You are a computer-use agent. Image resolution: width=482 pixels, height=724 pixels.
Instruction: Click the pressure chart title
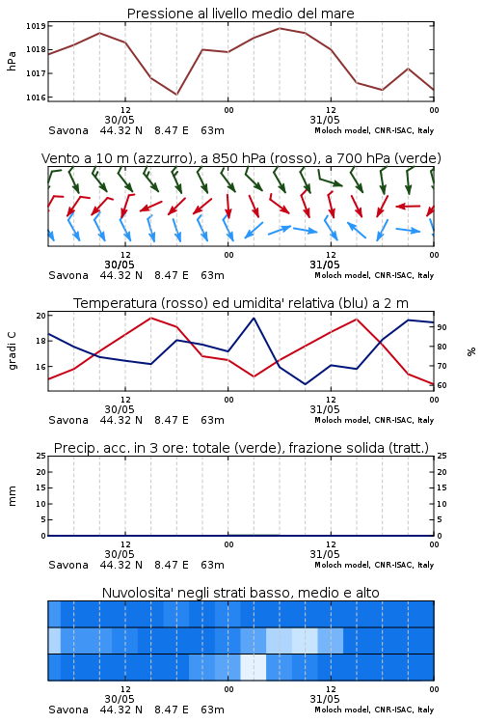coord(240,14)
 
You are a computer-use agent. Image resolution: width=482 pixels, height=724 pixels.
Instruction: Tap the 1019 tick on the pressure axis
coord(36,26)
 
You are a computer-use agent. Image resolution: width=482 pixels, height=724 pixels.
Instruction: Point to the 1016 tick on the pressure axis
coord(36,97)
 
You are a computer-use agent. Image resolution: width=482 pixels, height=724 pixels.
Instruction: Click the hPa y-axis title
coord(12,61)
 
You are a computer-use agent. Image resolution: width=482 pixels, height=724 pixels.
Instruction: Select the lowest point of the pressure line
coord(176,95)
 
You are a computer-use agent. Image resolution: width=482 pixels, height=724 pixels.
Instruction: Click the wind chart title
coord(241,158)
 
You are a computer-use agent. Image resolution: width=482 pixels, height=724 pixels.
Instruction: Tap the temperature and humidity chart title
coord(241,303)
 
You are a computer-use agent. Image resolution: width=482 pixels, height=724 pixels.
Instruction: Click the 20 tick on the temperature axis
coord(41,316)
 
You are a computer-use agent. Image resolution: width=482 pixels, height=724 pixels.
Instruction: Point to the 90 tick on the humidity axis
coord(442,327)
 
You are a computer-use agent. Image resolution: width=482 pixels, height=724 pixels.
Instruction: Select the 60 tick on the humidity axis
coord(442,385)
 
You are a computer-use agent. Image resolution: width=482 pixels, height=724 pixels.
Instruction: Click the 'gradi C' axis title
coord(12,351)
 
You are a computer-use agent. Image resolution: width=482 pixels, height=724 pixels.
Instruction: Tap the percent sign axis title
coord(471,351)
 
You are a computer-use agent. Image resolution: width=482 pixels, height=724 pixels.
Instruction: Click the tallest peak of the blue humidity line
coord(254,319)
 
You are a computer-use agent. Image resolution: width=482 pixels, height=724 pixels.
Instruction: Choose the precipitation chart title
coord(241,448)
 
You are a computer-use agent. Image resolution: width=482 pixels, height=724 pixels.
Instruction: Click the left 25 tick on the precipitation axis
coord(41,456)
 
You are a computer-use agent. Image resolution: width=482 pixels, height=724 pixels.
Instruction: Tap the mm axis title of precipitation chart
coord(12,496)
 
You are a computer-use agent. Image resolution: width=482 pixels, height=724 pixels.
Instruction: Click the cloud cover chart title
coord(240,593)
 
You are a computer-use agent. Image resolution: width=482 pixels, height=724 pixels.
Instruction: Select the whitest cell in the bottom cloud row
coord(254,667)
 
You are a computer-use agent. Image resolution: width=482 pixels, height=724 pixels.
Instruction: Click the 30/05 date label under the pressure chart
coord(120,120)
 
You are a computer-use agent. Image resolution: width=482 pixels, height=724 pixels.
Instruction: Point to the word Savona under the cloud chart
coord(68,710)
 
